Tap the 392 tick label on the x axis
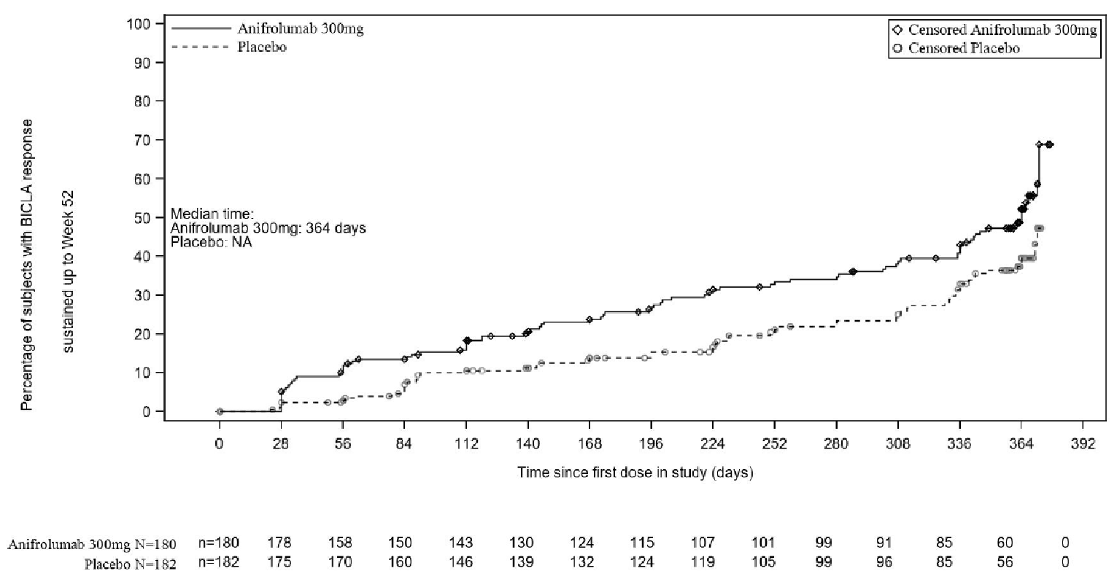pyautogui.click(x=1083, y=446)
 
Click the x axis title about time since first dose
pyautogui.click(x=635, y=473)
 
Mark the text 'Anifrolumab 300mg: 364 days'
pyautogui.click(x=268, y=228)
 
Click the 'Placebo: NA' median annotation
pyautogui.click(x=211, y=242)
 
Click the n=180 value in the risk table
pyautogui.click(x=219, y=543)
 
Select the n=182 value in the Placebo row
pyautogui.click(x=219, y=562)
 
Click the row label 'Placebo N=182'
pyautogui.click(x=139, y=564)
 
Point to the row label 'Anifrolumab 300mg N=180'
pyautogui.click(x=91, y=545)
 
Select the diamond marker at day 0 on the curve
pyautogui.click(x=220, y=411)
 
